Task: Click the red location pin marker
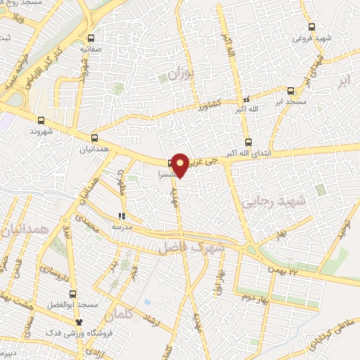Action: [x=180, y=165]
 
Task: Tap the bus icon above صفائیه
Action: [x=89, y=39]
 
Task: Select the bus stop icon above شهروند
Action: [x=41, y=120]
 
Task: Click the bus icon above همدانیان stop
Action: [x=95, y=138]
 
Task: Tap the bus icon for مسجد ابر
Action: [x=290, y=91]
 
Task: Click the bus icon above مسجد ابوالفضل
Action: [x=73, y=294]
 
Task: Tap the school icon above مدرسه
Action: [x=122, y=217]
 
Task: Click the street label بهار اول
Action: [x=219, y=281]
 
